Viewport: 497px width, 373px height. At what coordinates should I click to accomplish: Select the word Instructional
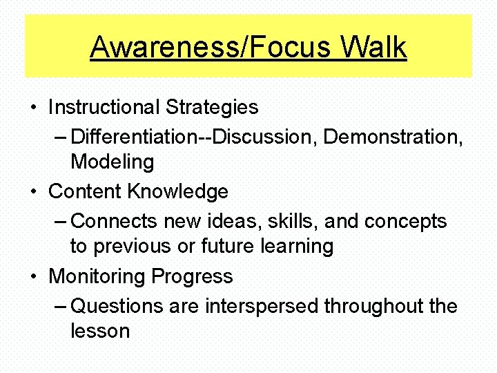[x=104, y=107]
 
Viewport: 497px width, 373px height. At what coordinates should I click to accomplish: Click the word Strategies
[x=212, y=107]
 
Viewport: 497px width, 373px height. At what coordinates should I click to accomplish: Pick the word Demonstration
[x=393, y=137]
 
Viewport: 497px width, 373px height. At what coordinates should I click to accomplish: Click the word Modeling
[x=112, y=162]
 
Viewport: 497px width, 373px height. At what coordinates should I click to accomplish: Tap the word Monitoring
[x=97, y=276]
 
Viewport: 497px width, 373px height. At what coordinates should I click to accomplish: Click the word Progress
[x=193, y=277]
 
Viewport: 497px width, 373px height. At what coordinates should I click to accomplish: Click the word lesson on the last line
[x=100, y=331]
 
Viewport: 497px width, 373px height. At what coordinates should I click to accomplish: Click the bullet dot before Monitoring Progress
[x=33, y=277]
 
